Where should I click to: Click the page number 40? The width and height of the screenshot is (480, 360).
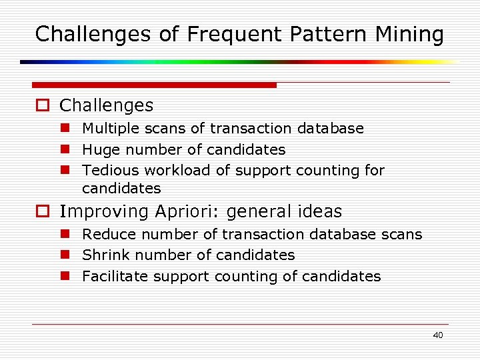coord(437,335)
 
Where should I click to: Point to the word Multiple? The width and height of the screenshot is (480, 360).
coord(106,128)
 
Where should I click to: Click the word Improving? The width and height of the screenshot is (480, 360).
coord(104,212)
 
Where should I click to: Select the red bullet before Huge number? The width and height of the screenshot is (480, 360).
coord(67,150)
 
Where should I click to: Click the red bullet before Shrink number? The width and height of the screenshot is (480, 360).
coord(67,255)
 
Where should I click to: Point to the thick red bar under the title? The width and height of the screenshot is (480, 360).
coord(154,85)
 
